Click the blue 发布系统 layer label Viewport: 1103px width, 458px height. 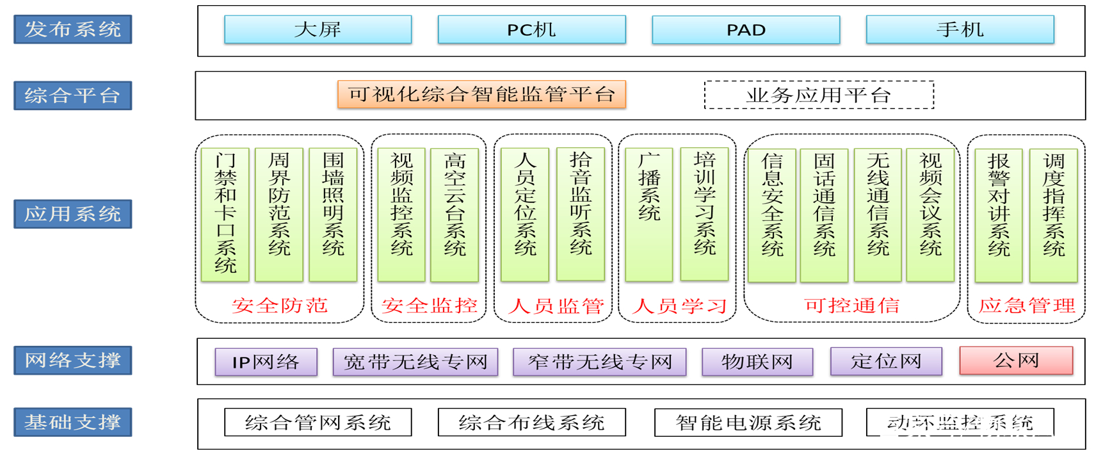point(72,29)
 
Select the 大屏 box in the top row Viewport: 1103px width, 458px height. point(318,29)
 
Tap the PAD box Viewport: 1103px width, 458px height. point(746,29)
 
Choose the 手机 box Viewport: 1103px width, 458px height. point(960,29)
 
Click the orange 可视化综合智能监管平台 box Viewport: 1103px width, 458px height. point(481,94)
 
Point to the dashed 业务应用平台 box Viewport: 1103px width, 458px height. point(819,95)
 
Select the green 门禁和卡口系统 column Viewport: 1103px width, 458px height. point(225,215)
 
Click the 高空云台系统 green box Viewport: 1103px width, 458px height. point(454,215)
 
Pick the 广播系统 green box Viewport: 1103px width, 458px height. point(648,215)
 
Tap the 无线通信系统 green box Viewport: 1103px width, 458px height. point(878,215)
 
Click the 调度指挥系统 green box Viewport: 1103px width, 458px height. point(1053,215)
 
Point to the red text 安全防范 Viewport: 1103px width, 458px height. point(280,306)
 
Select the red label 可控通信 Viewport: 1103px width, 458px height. point(851,306)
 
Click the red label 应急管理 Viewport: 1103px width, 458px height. point(1026,306)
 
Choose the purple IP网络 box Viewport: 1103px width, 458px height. point(266,362)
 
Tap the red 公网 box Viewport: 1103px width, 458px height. point(1016,361)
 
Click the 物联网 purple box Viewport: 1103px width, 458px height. point(757,362)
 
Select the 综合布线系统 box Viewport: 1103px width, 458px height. point(531,422)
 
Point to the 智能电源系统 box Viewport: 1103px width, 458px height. point(748,422)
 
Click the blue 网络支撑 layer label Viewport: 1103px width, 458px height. point(72,360)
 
